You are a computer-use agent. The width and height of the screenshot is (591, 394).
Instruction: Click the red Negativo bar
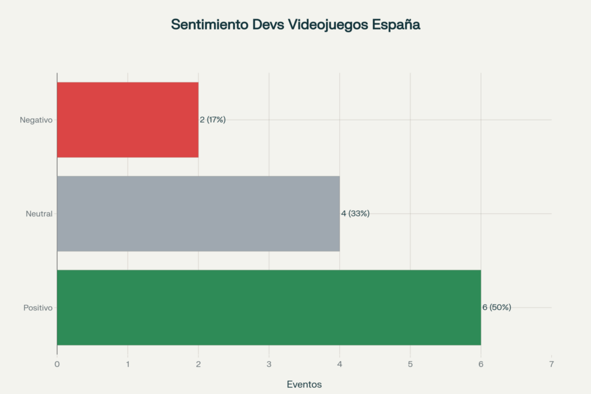[x=128, y=119]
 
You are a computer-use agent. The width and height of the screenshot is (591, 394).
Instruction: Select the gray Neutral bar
[x=198, y=213]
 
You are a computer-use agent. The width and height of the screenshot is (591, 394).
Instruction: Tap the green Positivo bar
[x=268, y=307]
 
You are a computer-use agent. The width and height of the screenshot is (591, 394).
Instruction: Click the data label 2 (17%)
[x=212, y=119]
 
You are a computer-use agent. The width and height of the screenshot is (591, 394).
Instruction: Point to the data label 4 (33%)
[x=355, y=213]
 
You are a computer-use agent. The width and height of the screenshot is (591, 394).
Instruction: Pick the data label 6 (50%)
[x=496, y=307]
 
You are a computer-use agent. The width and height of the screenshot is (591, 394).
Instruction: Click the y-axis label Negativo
[x=36, y=120]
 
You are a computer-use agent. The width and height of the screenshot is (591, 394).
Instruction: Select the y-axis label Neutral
[x=39, y=214]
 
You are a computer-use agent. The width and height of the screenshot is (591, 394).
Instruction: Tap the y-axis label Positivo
[x=38, y=308]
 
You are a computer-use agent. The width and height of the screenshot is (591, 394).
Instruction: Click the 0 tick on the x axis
[x=57, y=364]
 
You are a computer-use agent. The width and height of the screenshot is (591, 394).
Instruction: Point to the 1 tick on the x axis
[x=128, y=364]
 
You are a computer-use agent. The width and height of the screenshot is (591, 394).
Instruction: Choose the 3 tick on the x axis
[x=269, y=364]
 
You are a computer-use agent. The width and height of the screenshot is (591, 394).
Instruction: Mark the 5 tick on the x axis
[x=410, y=364]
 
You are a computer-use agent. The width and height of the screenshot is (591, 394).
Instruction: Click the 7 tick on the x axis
[x=551, y=364]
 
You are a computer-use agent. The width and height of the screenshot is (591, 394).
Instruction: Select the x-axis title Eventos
[x=304, y=384]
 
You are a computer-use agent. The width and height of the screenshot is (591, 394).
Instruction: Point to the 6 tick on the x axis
[x=481, y=364]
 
